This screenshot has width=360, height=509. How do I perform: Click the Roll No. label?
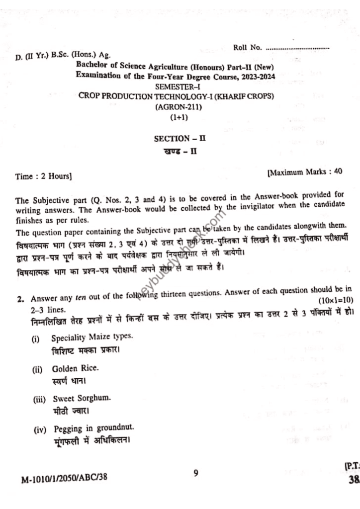pyautogui.click(x=248, y=48)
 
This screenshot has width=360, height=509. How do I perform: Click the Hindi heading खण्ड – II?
pyautogui.click(x=176, y=151)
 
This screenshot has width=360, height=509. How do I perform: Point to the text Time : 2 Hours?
pyautogui.click(x=44, y=176)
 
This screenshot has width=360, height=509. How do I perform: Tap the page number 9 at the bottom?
pyautogui.click(x=196, y=473)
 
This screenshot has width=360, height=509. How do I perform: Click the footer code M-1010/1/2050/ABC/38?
pyautogui.click(x=64, y=478)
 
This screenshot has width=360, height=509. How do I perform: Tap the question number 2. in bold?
pyautogui.click(x=20, y=299)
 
